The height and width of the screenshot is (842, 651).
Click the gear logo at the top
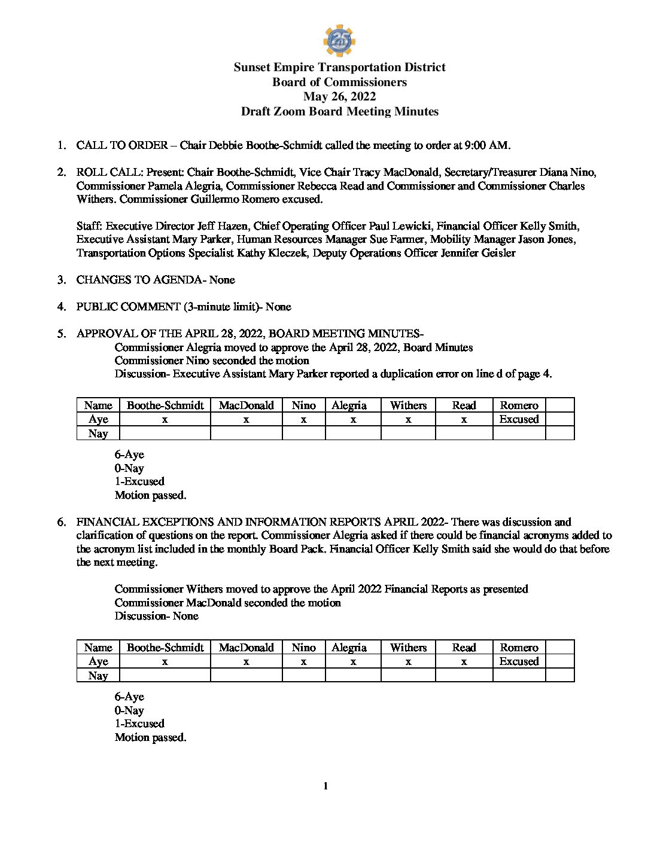point(339,41)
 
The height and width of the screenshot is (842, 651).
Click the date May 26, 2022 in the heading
point(339,97)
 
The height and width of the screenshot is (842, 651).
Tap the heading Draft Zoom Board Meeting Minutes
point(339,111)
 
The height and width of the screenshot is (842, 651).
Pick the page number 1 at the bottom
point(325,786)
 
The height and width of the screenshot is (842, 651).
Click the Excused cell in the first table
point(519,419)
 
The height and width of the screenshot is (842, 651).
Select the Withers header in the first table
point(408,405)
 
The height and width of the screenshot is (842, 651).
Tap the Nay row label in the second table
point(98,676)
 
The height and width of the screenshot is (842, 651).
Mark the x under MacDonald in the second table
point(246,662)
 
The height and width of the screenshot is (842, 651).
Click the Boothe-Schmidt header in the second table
point(165,648)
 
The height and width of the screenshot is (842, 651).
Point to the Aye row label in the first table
point(98,419)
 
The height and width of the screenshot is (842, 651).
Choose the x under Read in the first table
point(464,420)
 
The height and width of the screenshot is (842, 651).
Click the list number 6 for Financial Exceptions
point(62,522)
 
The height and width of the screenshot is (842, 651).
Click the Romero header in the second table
point(519,648)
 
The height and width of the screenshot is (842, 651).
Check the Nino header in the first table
point(303,405)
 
